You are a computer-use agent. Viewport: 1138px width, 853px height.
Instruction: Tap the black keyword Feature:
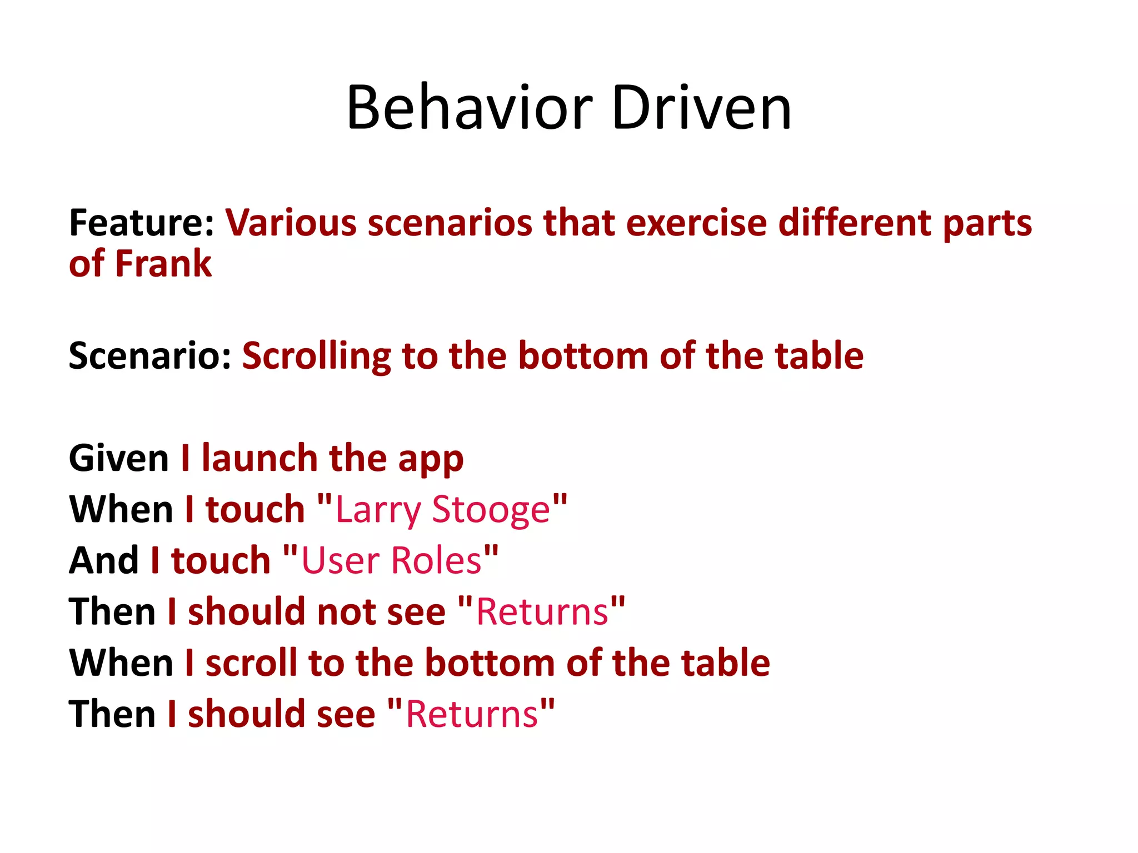pyautogui.click(x=141, y=223)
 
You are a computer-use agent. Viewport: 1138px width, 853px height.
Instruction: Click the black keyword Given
pyautogui.click(x=119, y=459)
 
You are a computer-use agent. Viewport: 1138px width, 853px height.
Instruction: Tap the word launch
pyautogui.click(x=259, y=459)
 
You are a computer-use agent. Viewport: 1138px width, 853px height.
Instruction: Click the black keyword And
pyautogui.click(x=104, y=560)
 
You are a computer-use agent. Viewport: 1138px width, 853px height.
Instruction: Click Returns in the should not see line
pyautogui.click(x=542, y=612)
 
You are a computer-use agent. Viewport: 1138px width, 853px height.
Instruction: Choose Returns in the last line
pyautogui.click(x=472, y=714)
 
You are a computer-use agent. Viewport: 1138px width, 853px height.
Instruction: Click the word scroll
pyautogui.click(x=251, y=663)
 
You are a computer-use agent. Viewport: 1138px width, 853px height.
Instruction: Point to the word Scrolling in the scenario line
pyautogui.click(x=316, y=357)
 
